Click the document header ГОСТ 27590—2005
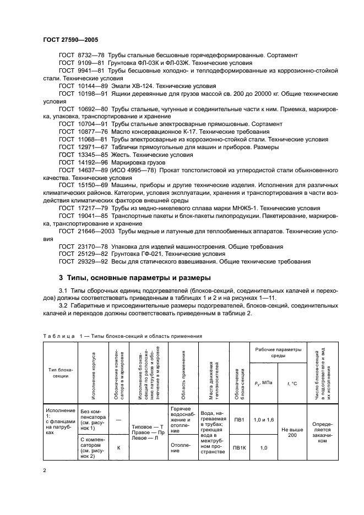(68, 40)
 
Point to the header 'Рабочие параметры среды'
(278, 352)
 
